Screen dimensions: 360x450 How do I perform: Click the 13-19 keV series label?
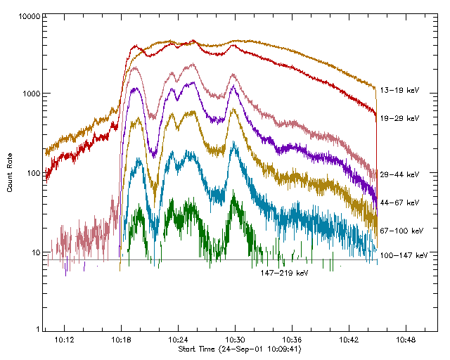399,90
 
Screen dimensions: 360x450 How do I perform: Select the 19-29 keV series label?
399,118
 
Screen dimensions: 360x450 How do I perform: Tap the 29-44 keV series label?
399,174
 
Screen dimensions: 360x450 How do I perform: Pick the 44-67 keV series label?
399,202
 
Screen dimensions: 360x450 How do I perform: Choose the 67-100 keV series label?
401,230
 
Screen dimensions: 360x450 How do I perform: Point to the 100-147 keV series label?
403,255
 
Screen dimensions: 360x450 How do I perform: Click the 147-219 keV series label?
284,272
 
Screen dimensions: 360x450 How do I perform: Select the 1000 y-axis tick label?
30,94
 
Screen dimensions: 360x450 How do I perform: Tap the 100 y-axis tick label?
32,173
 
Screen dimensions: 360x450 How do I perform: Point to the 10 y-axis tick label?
34,252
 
